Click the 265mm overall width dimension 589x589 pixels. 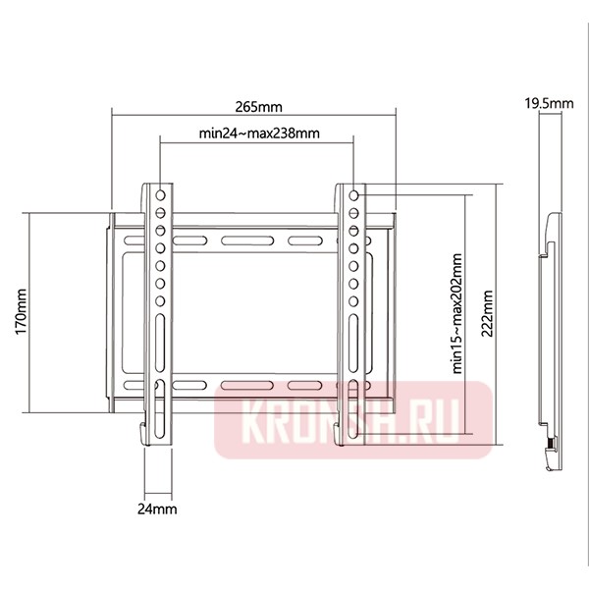(257, 103)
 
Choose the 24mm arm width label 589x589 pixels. (159, 509)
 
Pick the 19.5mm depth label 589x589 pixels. (543, 103)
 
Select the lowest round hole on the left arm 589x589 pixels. (159, 298)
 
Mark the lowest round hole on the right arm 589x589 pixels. (353, 298)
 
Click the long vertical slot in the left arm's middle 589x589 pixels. (159, 345)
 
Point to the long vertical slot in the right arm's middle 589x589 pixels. (353, 345)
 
